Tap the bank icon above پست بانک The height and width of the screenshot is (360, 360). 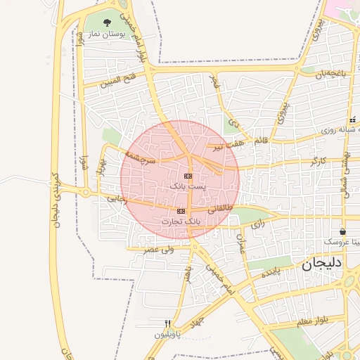point(188,176)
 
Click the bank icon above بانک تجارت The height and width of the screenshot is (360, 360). point(181,211)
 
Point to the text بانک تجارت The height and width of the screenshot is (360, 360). point(181,221)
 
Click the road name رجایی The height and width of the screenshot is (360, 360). point(116,199)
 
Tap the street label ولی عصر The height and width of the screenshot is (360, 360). point(159,249)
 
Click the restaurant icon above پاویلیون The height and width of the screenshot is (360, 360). point(167,324)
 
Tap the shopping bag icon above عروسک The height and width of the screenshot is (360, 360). point(342,231)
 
